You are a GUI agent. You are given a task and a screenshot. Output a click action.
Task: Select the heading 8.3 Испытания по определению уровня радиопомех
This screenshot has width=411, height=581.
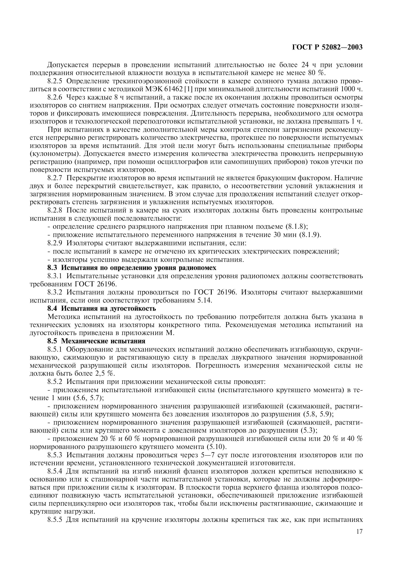pyautogui.click(x=132, y=268)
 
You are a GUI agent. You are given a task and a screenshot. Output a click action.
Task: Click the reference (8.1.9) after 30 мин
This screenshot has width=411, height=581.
pyautogui.click(x=310, y=235)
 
